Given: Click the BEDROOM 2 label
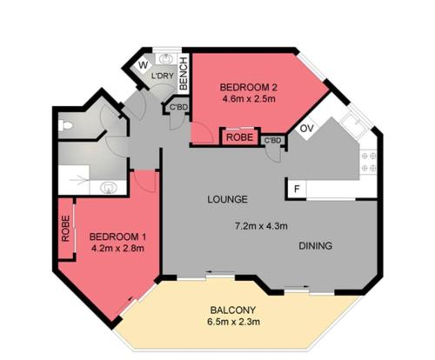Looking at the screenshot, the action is tap(249, 87).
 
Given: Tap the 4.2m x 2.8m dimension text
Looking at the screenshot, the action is tap(117, 249).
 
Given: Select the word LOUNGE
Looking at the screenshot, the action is tap(228, 199).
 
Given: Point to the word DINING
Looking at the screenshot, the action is tap(316, 246).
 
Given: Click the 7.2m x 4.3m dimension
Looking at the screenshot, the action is tap(261, 226).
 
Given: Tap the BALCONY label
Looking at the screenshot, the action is tap(233, 310).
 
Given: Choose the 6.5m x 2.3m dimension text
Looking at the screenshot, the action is tap(234, 322).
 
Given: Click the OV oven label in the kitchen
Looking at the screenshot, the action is tap(307, 128).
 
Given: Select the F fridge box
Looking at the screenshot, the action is tap(297, 189).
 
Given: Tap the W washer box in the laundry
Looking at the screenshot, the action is tap(143, 65).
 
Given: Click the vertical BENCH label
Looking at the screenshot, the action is tap(184, 74).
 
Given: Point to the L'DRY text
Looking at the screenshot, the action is tap(163, 76).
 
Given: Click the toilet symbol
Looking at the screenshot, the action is tap(65, 125).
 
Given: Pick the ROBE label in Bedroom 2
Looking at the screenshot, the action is tap(240, 137).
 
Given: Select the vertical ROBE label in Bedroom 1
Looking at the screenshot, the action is tap(66, 229).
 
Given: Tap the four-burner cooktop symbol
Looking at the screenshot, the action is tap(369, 162).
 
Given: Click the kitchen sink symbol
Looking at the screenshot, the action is tap(355, 123).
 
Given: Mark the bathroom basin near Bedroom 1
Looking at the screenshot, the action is tap(109, 188).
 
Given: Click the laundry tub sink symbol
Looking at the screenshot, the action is tap(166, 59).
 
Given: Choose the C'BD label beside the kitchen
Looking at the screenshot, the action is tap(273, 141).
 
